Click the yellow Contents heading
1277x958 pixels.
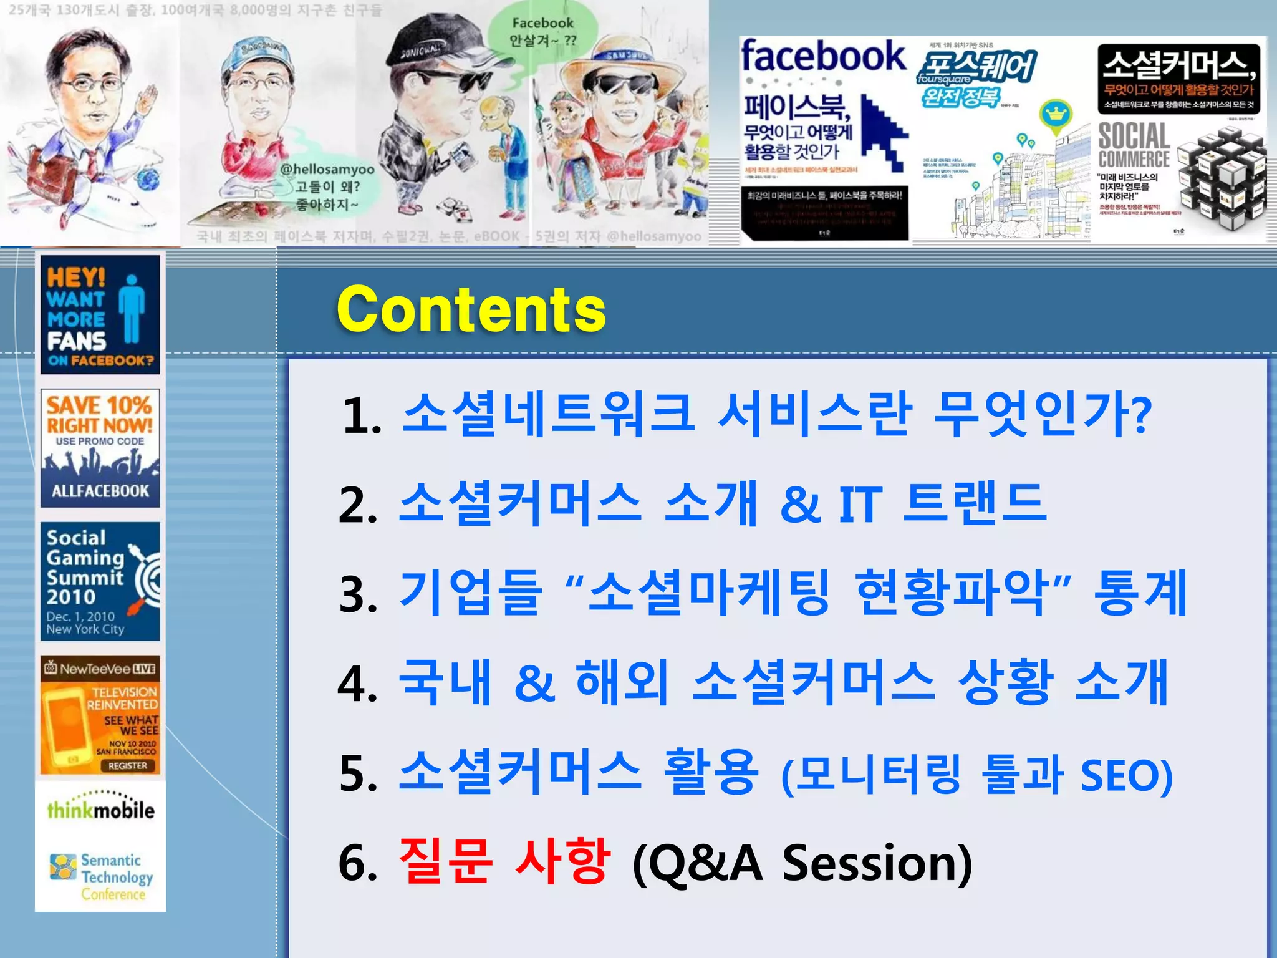coord(471,309)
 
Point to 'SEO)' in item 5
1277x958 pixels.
coord(1126,775)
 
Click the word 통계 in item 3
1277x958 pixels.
coord(1140,593)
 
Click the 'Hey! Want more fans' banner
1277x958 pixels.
coord(100,314)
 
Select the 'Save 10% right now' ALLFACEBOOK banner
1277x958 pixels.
coord(100,448)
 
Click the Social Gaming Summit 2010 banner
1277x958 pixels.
coord(100,581)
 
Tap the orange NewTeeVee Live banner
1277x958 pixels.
coord(100,715)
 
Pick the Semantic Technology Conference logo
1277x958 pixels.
coord(102,876)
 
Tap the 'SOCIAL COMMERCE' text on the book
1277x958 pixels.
coord(1133,145)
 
